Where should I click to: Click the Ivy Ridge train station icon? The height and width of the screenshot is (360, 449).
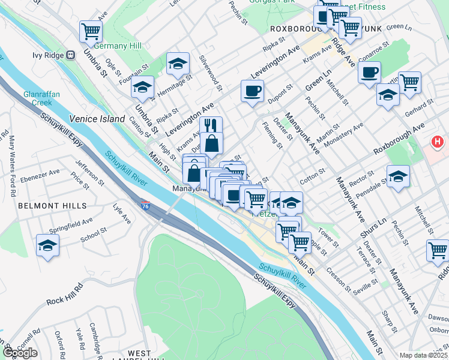click(x=70, y=55)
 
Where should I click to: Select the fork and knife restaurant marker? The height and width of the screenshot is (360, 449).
click(x=209, y=125)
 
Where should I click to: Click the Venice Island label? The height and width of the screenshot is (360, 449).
click(x=97, y=119)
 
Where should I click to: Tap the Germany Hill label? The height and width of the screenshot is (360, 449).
click(x=118, y=46)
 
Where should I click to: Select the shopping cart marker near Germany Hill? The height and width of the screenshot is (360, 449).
click(x=91, y=31)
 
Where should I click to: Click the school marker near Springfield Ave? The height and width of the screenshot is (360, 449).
click(x=47, y=245)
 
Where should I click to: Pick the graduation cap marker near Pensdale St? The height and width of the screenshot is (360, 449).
click(x=397, y=176)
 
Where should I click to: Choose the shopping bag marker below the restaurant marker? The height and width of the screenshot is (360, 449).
click(x=213, y=144)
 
